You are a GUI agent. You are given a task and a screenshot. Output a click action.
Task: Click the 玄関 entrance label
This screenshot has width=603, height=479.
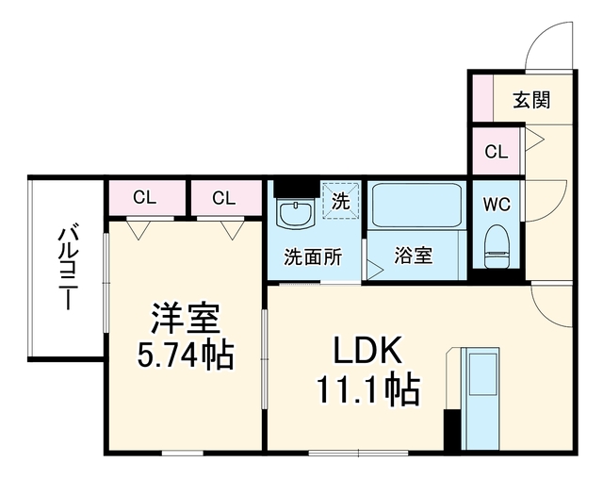click(x=531, y=99)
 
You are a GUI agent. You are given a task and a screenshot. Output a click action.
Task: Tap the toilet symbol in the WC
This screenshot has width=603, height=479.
click(x=497, y=247)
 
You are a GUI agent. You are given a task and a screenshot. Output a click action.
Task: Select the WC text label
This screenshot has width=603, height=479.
click(x=497, y=205)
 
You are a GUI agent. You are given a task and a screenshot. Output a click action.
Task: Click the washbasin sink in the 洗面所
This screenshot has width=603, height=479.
click(x=298, y=215)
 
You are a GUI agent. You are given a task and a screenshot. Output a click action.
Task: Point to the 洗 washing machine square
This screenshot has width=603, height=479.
click(x=341, y=201)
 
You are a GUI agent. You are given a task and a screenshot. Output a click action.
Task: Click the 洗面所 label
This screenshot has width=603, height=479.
click(x=313, y=257)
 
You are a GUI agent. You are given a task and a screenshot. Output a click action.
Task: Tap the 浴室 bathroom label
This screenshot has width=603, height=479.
click(x=414, y=256)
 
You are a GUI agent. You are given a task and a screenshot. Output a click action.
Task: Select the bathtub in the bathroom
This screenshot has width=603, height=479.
click(x=416, y=205)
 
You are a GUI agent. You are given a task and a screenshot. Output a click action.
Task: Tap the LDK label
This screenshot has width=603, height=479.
click(x=367, y=350)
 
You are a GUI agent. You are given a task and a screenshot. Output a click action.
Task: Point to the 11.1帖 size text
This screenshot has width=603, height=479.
click(x=367, y=389)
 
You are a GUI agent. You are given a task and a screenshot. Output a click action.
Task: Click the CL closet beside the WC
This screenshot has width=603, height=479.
click(x=497, y=151)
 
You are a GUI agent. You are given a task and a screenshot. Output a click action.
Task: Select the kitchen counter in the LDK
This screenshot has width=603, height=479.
click(x=481, y=398)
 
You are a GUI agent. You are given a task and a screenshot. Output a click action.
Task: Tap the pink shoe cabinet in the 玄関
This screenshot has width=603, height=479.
click(x=482, y=98)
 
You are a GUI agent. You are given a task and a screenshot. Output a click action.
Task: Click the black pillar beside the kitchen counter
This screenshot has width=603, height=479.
click(x=452, y=430)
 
